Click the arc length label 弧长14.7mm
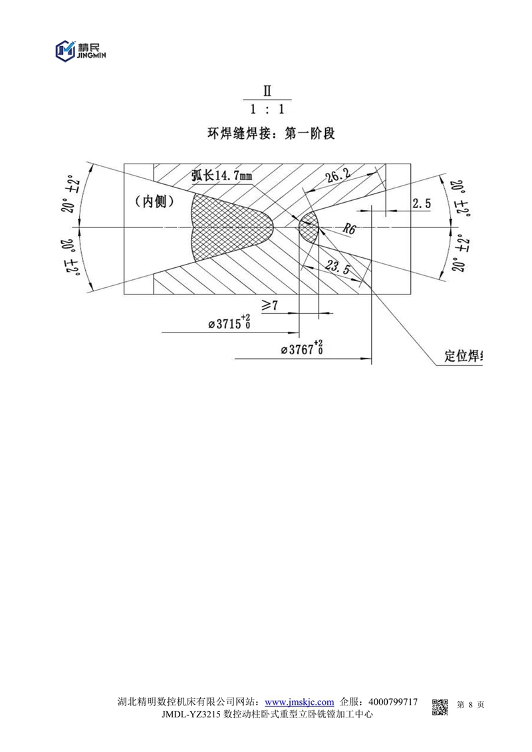(221, 176)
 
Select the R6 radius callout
(348, 229)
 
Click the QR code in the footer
(440, 707)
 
